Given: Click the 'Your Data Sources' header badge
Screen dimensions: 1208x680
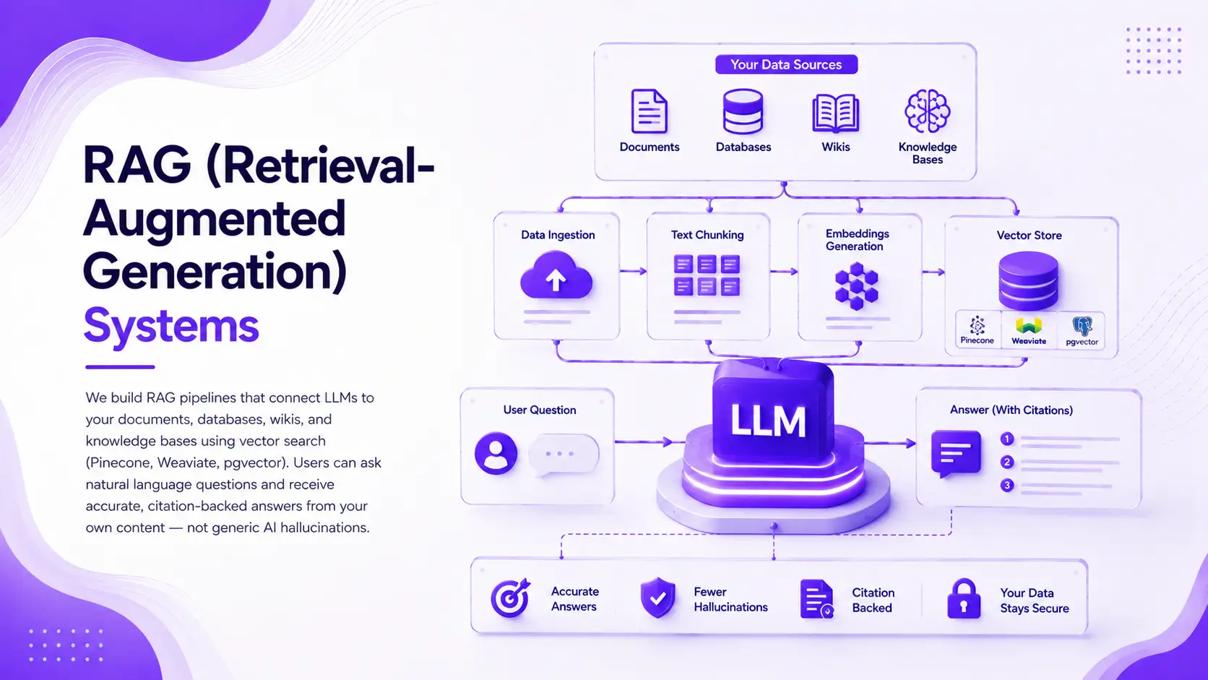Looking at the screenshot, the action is (x=786, y=64).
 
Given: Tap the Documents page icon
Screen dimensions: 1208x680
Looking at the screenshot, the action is (x=650, y=111).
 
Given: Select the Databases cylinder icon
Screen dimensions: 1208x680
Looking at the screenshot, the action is (x=743, y=111).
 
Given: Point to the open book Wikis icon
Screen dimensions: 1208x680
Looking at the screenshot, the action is (x=835, y=113).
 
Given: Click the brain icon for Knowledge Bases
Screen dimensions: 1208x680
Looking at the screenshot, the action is (x=927, y=111).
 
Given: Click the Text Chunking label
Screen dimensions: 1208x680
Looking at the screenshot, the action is (x=707, y=235).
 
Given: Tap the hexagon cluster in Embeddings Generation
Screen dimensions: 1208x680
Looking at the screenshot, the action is (x=856, y=286).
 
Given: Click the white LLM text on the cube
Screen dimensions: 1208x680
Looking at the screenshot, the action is (x=768, y=421).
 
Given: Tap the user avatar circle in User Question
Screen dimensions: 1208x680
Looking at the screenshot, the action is (x=496, y=453).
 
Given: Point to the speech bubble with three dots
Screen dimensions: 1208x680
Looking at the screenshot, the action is (x=564, y=455).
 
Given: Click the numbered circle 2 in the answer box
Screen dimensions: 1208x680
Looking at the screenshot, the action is (x=1007, y=462).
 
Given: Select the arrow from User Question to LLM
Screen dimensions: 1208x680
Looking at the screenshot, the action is (x=644, y=442).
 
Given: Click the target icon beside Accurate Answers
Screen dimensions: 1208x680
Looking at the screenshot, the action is (x=510, y=598).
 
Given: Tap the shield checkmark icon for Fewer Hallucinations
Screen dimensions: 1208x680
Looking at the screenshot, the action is (x=658, y=598).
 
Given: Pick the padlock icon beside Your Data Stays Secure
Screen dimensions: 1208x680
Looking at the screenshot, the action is (x=964, y=598).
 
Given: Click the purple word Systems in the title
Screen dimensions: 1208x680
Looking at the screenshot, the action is (x=171, y=326).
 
